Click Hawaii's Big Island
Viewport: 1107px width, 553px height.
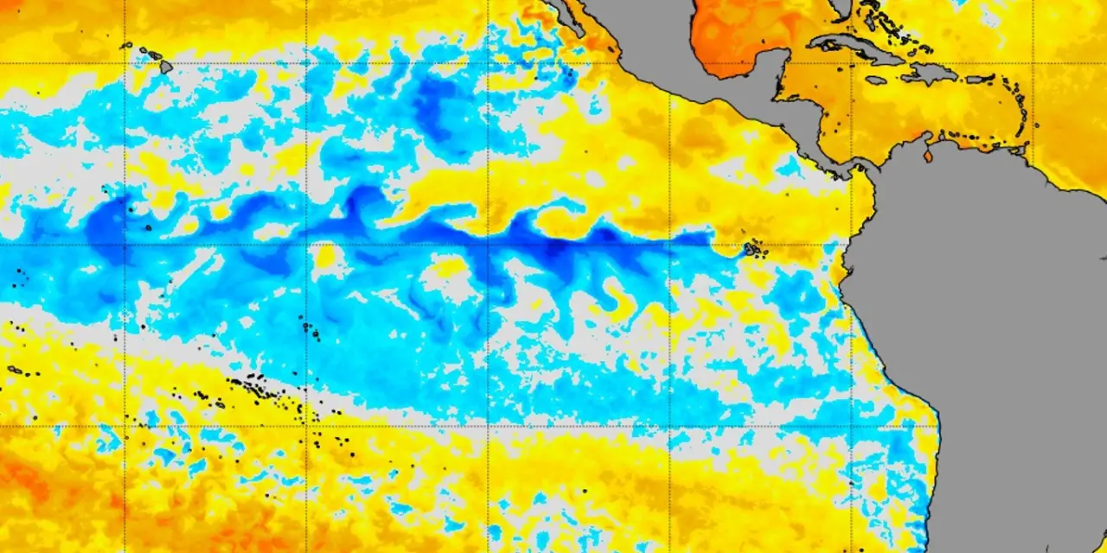165,66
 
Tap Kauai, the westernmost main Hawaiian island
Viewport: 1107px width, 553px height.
126,45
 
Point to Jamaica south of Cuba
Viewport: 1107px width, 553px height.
877,80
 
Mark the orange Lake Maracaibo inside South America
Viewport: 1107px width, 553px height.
929,156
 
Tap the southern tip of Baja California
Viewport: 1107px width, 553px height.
578,26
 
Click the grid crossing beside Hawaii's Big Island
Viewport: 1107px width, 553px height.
125,63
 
